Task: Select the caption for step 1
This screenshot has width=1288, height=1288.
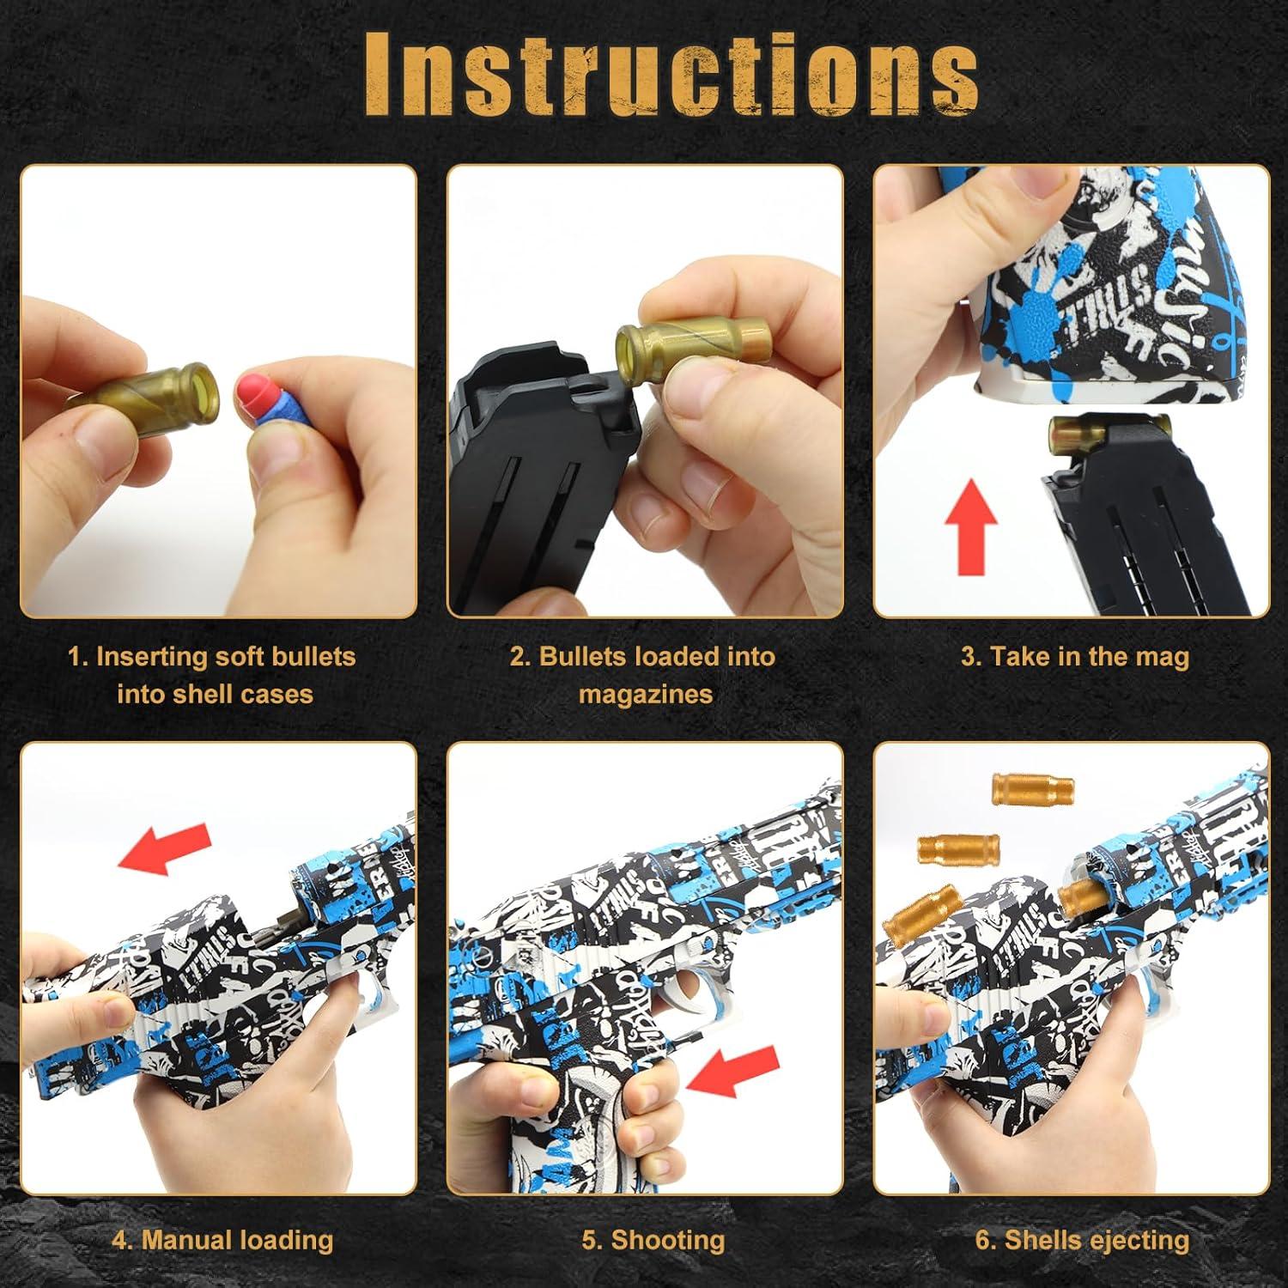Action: click(212, 675)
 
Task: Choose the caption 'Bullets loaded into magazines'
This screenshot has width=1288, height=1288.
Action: click(643, 675)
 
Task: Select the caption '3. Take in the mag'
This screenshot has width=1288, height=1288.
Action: click(1075, 657)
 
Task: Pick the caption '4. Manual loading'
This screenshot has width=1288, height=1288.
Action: click(222, 1241)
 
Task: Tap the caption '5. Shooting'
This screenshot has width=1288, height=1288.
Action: click(653, 1241)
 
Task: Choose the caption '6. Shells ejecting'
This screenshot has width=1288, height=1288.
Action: click(1082, 1241)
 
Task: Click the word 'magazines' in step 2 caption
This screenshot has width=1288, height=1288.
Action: click(646, 694)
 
